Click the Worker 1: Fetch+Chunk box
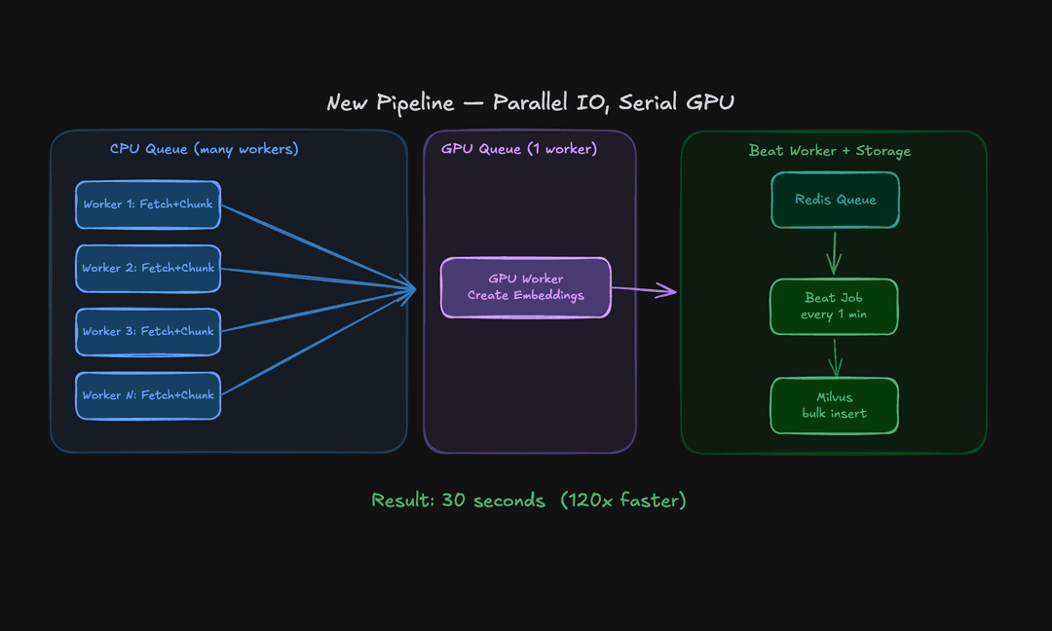(x=148, y=205)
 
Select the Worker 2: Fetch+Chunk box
(x=148, y=269)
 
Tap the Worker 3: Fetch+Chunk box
(x=148, y=332)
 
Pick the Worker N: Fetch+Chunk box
(x=148, y=395)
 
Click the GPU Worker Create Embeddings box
(x=526, y=287)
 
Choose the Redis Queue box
(x=835, y=201)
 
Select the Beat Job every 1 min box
(x=834, y=307)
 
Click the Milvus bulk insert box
(x=834, y=405)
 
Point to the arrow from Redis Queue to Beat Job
(x=834, y=253)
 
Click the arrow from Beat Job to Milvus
(x=835, y=356)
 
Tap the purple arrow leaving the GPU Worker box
(x=644, y=289)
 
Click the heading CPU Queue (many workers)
(x=204, y=149)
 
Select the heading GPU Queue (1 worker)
(x=519, y=149)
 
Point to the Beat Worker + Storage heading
(x=830, y=151)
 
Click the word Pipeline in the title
(x=417, y=103)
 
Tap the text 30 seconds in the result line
(x=493, y=501)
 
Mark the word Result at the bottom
(x=402, y=501)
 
